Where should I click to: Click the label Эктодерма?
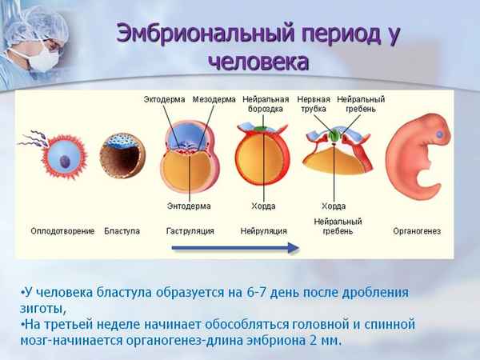click(x=165, y=99)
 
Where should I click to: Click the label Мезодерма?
click(x=214, y=99)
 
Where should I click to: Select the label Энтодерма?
click(x=189, y=206)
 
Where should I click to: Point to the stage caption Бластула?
click(x=122, y=231)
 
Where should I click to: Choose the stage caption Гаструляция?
click(x=189, y=231)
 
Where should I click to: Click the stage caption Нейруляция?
click(x=259, y=231)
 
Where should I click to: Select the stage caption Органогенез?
click(x=417, y=231)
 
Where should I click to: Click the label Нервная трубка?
click(x=314, y=104)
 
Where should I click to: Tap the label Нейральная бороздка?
click(x=265, y=104)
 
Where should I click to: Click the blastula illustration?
click(x=122, y=154)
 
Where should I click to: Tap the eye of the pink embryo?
click(x=438, y=134)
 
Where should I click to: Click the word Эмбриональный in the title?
click(x=210, y=34)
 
